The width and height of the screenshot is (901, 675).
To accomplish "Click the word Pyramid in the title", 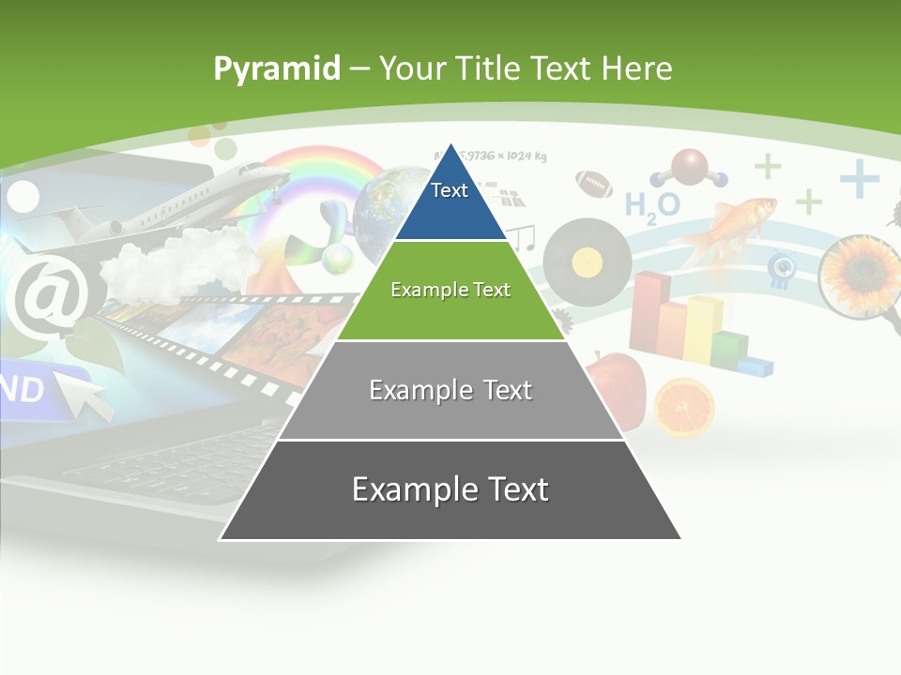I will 277,68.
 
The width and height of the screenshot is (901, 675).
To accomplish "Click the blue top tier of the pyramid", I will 450,202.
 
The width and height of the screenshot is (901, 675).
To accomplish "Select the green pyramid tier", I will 450,291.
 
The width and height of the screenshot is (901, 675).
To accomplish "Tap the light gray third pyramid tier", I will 450,391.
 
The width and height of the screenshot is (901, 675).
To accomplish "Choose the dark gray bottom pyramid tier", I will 450,490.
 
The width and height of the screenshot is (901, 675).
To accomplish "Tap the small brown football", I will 593,183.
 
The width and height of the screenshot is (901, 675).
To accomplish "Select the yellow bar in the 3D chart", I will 702,328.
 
